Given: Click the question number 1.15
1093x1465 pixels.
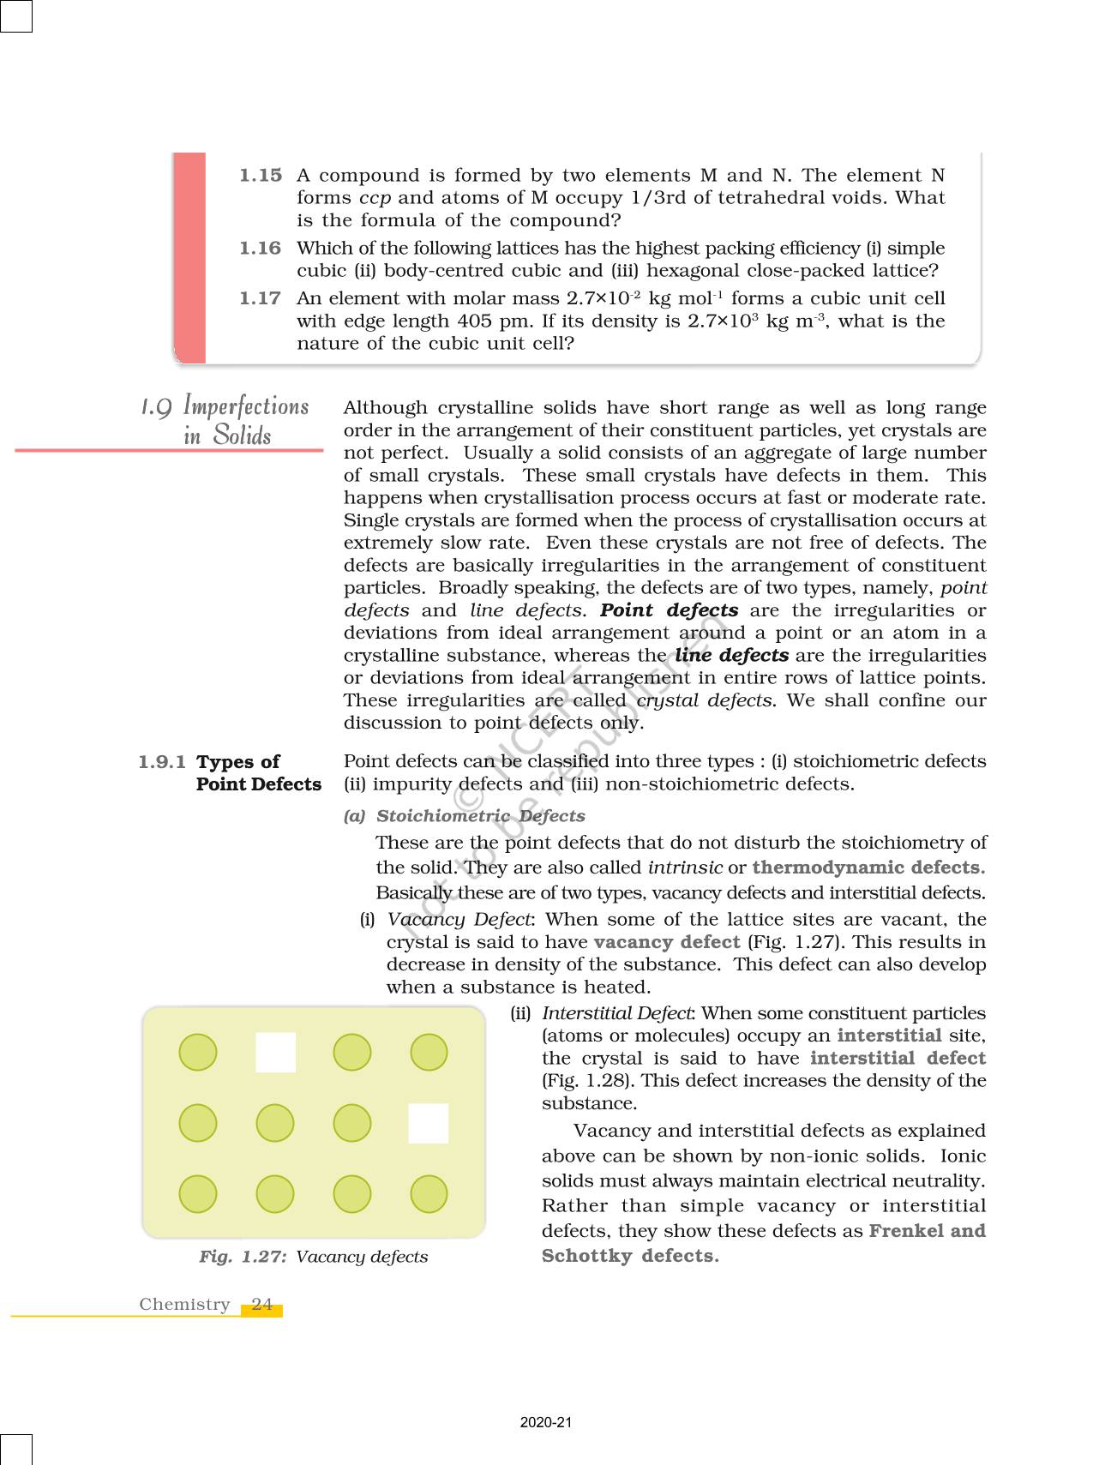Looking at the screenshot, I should click(x=260, y=176).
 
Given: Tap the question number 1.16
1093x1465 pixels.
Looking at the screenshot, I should click(x=260, y=249).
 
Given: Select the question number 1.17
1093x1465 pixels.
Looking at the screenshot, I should click(x=260, y=299).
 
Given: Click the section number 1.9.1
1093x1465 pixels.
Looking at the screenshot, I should click(x=162, y=762).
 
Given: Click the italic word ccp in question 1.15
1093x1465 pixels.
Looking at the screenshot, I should click(x=375, y=198).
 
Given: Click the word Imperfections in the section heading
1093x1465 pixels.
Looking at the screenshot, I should click(x=246, y=406).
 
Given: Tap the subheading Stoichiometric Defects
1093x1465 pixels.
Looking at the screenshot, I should click(x=480, y=816).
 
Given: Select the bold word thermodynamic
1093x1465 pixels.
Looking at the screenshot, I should click(x=828, y=868).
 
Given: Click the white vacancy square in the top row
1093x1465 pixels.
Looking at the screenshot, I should click(x=276, y=1053).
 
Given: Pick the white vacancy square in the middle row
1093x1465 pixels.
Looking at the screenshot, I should click(x=428, y=1123).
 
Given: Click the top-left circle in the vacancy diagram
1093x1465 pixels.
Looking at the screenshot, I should click(x=198, y=1053).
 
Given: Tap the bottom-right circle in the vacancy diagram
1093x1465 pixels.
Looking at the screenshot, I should click(x=429, y=1194).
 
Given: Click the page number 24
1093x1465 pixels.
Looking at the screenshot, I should click(x=262, y=1305).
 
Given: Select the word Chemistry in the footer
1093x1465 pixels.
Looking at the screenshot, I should click(x=184, y=1305).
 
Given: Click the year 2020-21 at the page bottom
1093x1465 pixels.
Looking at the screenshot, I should click(x=545, y=1423).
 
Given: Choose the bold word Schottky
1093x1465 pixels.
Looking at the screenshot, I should click(x=587, y=1256).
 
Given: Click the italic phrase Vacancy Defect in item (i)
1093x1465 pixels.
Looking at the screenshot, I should click(x=459, y=920).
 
